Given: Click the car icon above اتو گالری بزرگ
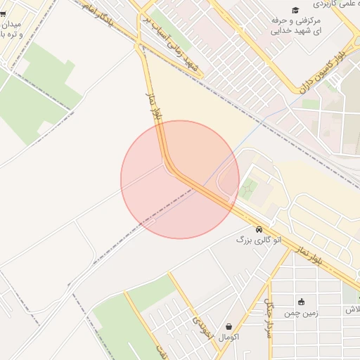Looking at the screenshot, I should [259, 229].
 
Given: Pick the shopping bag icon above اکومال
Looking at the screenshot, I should [229, 327].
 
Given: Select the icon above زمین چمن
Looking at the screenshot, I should [301, 302].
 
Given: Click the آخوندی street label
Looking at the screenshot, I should [202, 325].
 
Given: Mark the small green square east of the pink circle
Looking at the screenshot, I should [247, 188].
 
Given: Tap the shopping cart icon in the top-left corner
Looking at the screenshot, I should [3, 13].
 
